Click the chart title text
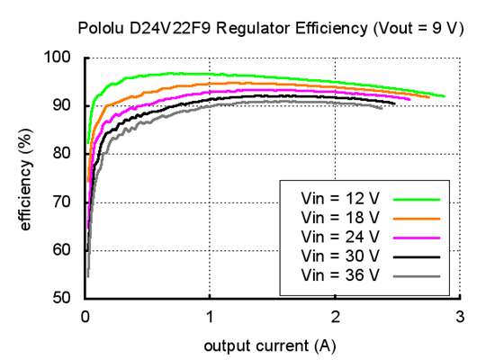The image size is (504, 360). pos(270,28)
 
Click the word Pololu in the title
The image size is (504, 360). pos(102,28)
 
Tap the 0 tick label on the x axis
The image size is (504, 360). pos(85,316)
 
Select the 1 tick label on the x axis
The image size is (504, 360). pos(210,316)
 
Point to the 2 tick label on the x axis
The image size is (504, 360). pos(335,316)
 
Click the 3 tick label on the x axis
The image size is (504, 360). pos(459,316)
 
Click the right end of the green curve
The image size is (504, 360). pos(444,95)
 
